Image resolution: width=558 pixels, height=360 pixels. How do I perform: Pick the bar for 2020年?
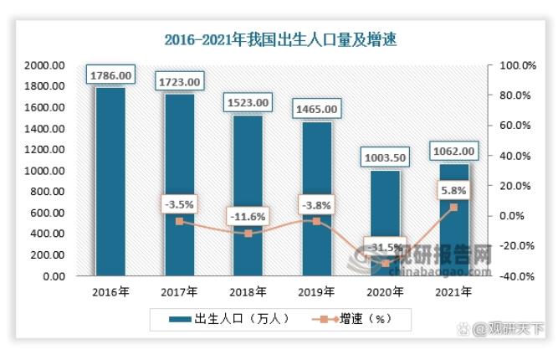point(386,223)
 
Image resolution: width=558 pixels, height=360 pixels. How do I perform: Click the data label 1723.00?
point(179,82)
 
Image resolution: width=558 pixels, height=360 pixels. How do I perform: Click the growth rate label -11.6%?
point(248,217)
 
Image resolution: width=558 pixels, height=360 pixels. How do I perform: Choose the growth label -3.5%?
point(179,204)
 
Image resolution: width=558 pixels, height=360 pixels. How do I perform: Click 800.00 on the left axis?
point(47,192)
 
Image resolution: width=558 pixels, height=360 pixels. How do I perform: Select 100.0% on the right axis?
point(512,65)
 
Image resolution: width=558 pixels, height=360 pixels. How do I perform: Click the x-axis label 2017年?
point(179,292)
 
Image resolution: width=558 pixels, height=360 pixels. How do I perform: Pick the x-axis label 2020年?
point(386,292)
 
